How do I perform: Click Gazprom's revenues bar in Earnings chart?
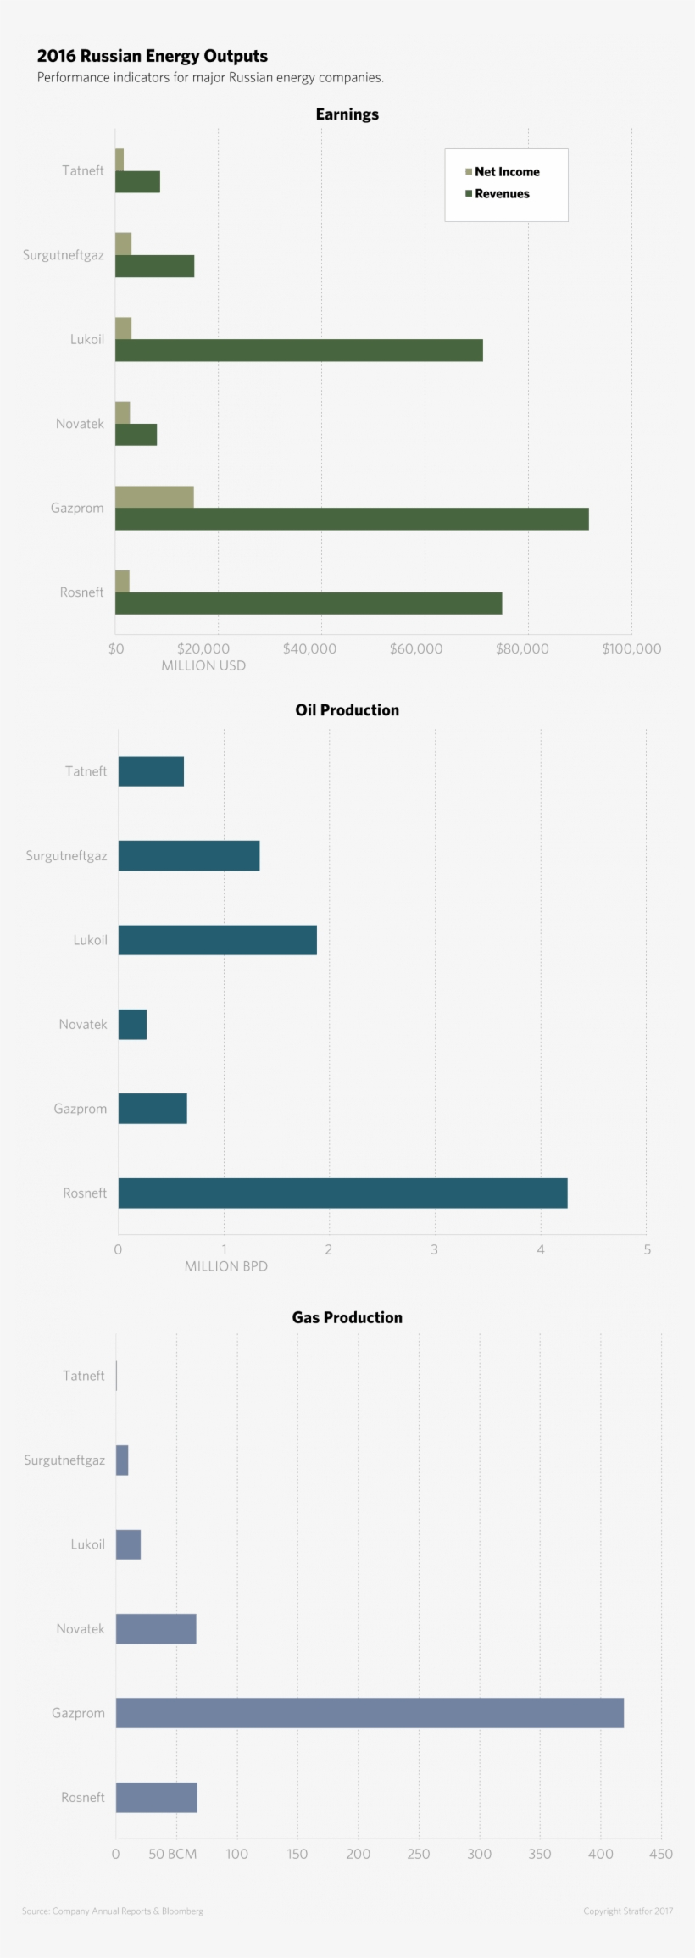click(x=352, y=519)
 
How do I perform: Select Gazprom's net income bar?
click(x=154, y=497)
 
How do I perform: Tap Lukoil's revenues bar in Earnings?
click(x=298, y=350)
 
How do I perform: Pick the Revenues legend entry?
click(x=501, y=193)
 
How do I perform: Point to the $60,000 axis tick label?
click(x=415, y=648)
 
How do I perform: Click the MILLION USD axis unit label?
click(x=203, y=665)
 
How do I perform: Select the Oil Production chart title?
click(x=347, y=709)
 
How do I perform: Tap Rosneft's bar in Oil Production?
click(x=342, y=1193)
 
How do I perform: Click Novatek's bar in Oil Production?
click(x=132, y=1024)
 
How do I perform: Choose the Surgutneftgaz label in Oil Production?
click(x=66, y=855)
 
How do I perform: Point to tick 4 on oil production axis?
click(x=540, y=1249)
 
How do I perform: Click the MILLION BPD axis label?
click(x=225, y=1266)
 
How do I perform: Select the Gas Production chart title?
click(x=347, y=1317)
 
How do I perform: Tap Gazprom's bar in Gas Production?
click(x=370, y=1713)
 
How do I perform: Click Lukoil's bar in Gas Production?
click(x=128, y=1544)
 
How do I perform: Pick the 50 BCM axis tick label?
click(x=172, y=1854)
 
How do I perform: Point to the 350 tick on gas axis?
click(x=539, y=1854)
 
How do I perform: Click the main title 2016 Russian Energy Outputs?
click(x=152, y=56)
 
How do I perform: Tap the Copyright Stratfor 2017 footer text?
click(x=627, y=1911)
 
